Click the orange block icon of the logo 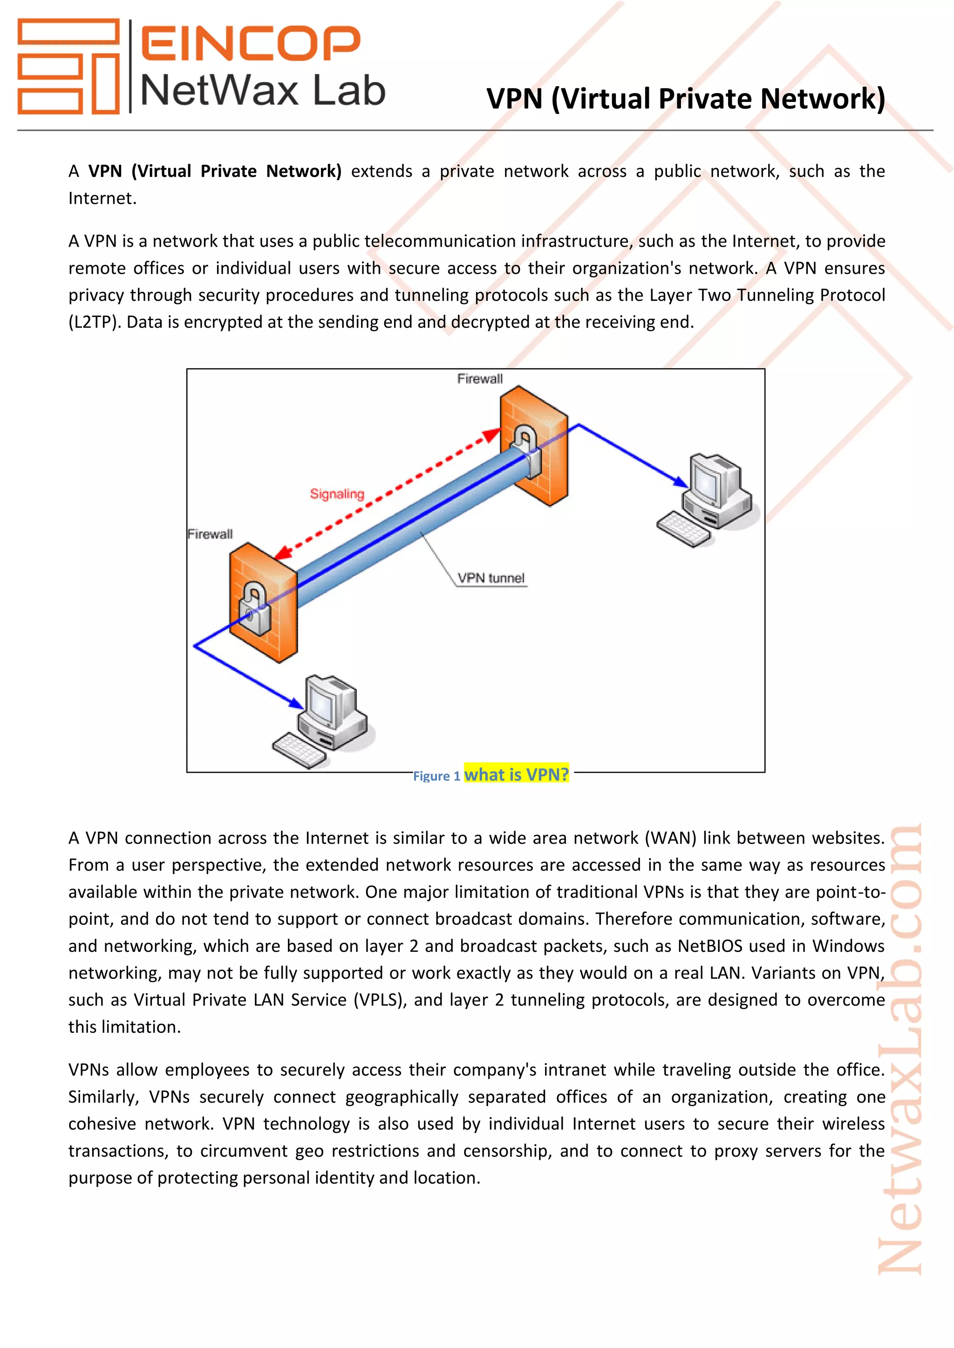[x=68, y=66]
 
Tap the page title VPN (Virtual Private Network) [x=686, y=99]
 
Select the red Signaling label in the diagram [x=337, y=494]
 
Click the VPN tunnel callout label [x=491, y=578]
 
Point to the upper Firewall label [x=480, y=379]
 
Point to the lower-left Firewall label [x=210, y=534]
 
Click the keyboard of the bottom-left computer [x=299, y=750]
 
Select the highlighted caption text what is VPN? [x=516, y=775]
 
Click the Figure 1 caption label [x=436, y=776]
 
